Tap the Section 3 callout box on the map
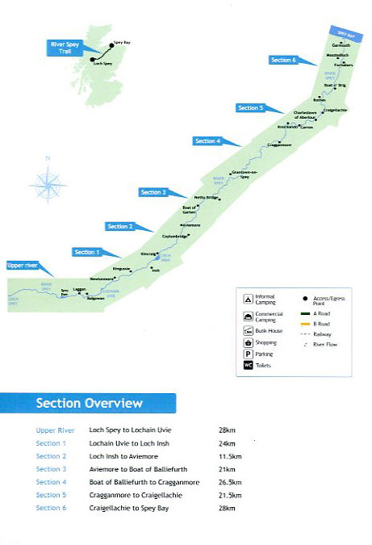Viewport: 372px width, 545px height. [x=152, y=192]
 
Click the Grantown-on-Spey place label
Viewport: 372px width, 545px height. [x=244, y=174]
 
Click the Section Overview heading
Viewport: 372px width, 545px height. [x=89, y=403]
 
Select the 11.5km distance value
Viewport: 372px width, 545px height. [x=228, y=456]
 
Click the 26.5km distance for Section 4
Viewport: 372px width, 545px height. [x=228, y=482]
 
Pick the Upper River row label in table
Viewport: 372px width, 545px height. [x=56, y=430]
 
